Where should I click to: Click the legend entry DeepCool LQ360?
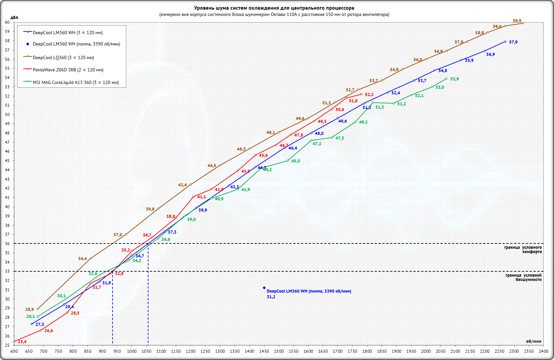(63, 58)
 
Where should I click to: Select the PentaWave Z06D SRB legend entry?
(68, 70)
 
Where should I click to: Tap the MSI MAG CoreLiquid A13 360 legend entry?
(75, 82)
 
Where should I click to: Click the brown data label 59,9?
(517, 21)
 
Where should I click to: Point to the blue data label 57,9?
(513, 42)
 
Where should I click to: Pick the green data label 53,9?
(454, 79)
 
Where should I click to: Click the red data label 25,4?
(22, 342)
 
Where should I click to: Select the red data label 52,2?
(369, 95)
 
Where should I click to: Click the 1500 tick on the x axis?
(279, 351)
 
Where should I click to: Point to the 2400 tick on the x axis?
(543, 351)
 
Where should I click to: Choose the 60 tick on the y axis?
(7, 22)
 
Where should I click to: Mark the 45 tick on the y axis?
(7, 161)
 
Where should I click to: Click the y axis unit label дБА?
(14, 18)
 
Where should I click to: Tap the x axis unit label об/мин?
(533, 341)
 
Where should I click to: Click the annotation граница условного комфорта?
(523, 249)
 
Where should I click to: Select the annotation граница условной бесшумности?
(523, 277)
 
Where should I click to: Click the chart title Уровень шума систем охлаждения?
(274, 8)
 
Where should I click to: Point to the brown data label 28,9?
(30, 310)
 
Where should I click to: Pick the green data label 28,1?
(31, 316)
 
